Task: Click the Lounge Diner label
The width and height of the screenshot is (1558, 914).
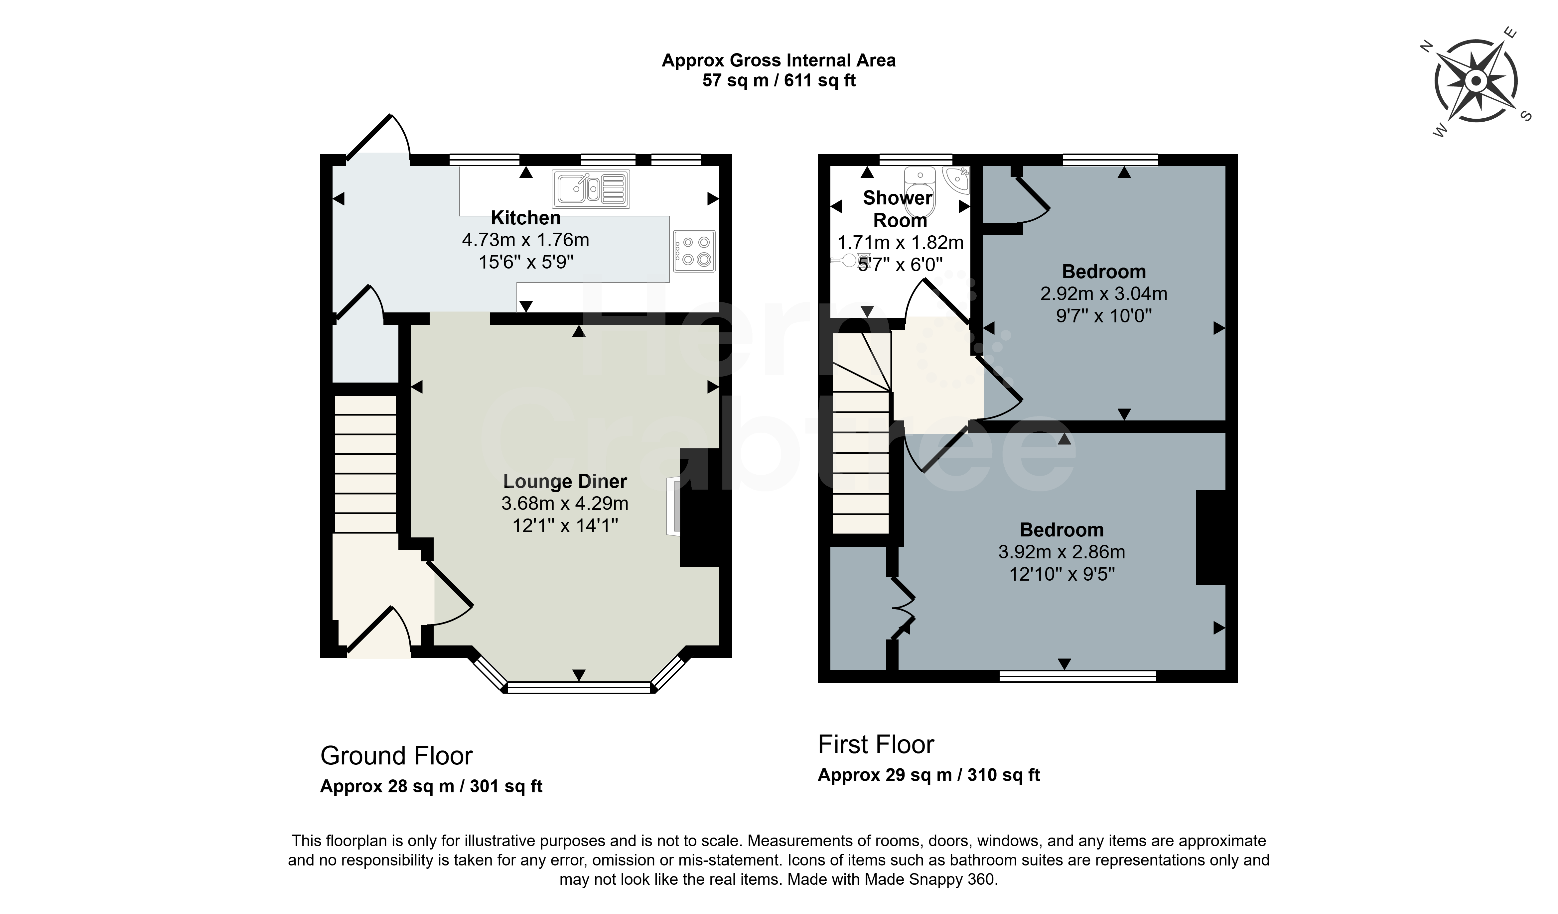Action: click(x=565, y=481)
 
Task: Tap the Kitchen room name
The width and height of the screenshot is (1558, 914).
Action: click(x=525, y=217)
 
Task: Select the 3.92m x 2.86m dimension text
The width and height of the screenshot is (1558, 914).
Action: click(x=1062, y=552)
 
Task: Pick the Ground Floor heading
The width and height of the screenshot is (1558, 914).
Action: click(x=396, y=756)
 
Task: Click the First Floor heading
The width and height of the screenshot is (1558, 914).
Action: click(x=876, y=745)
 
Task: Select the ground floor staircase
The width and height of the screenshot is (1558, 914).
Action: click(x=365, y=464)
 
